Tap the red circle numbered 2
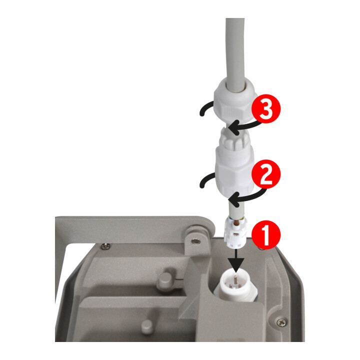266,174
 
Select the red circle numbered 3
266,108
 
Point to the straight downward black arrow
236,260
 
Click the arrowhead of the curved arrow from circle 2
234,199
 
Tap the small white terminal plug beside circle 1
234,232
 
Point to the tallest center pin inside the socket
235,278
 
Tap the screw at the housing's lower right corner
281,322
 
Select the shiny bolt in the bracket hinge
196,241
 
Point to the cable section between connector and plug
236,209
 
